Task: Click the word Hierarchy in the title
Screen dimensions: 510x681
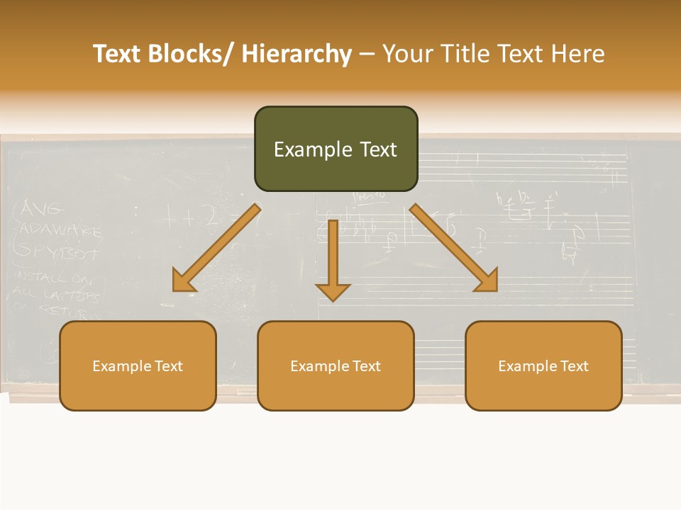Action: coord(297,54)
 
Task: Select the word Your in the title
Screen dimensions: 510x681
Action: coord(406,54)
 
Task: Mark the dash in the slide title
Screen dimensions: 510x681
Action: coord(367,54)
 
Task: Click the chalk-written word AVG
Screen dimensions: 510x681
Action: coord(43,209)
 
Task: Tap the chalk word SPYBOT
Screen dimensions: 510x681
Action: coord(57,251)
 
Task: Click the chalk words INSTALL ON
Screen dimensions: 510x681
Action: coord(53,277)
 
